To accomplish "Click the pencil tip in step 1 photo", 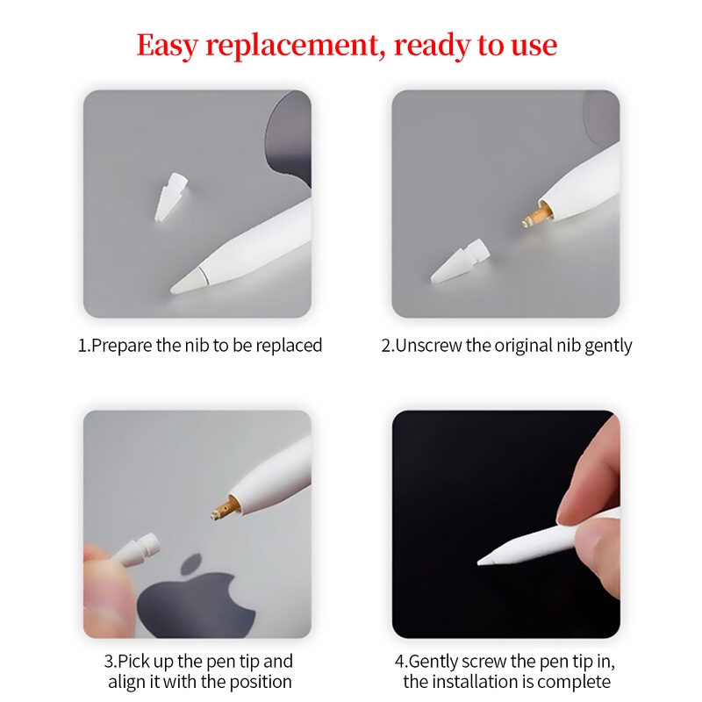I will (187, 281).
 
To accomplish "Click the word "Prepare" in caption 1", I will (125, 346).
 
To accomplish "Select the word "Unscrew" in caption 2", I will (429, 346).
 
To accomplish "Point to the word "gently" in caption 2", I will (605, 346).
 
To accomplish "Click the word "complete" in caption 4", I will (577, 682).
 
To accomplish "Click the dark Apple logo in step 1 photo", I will (290, 140).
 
